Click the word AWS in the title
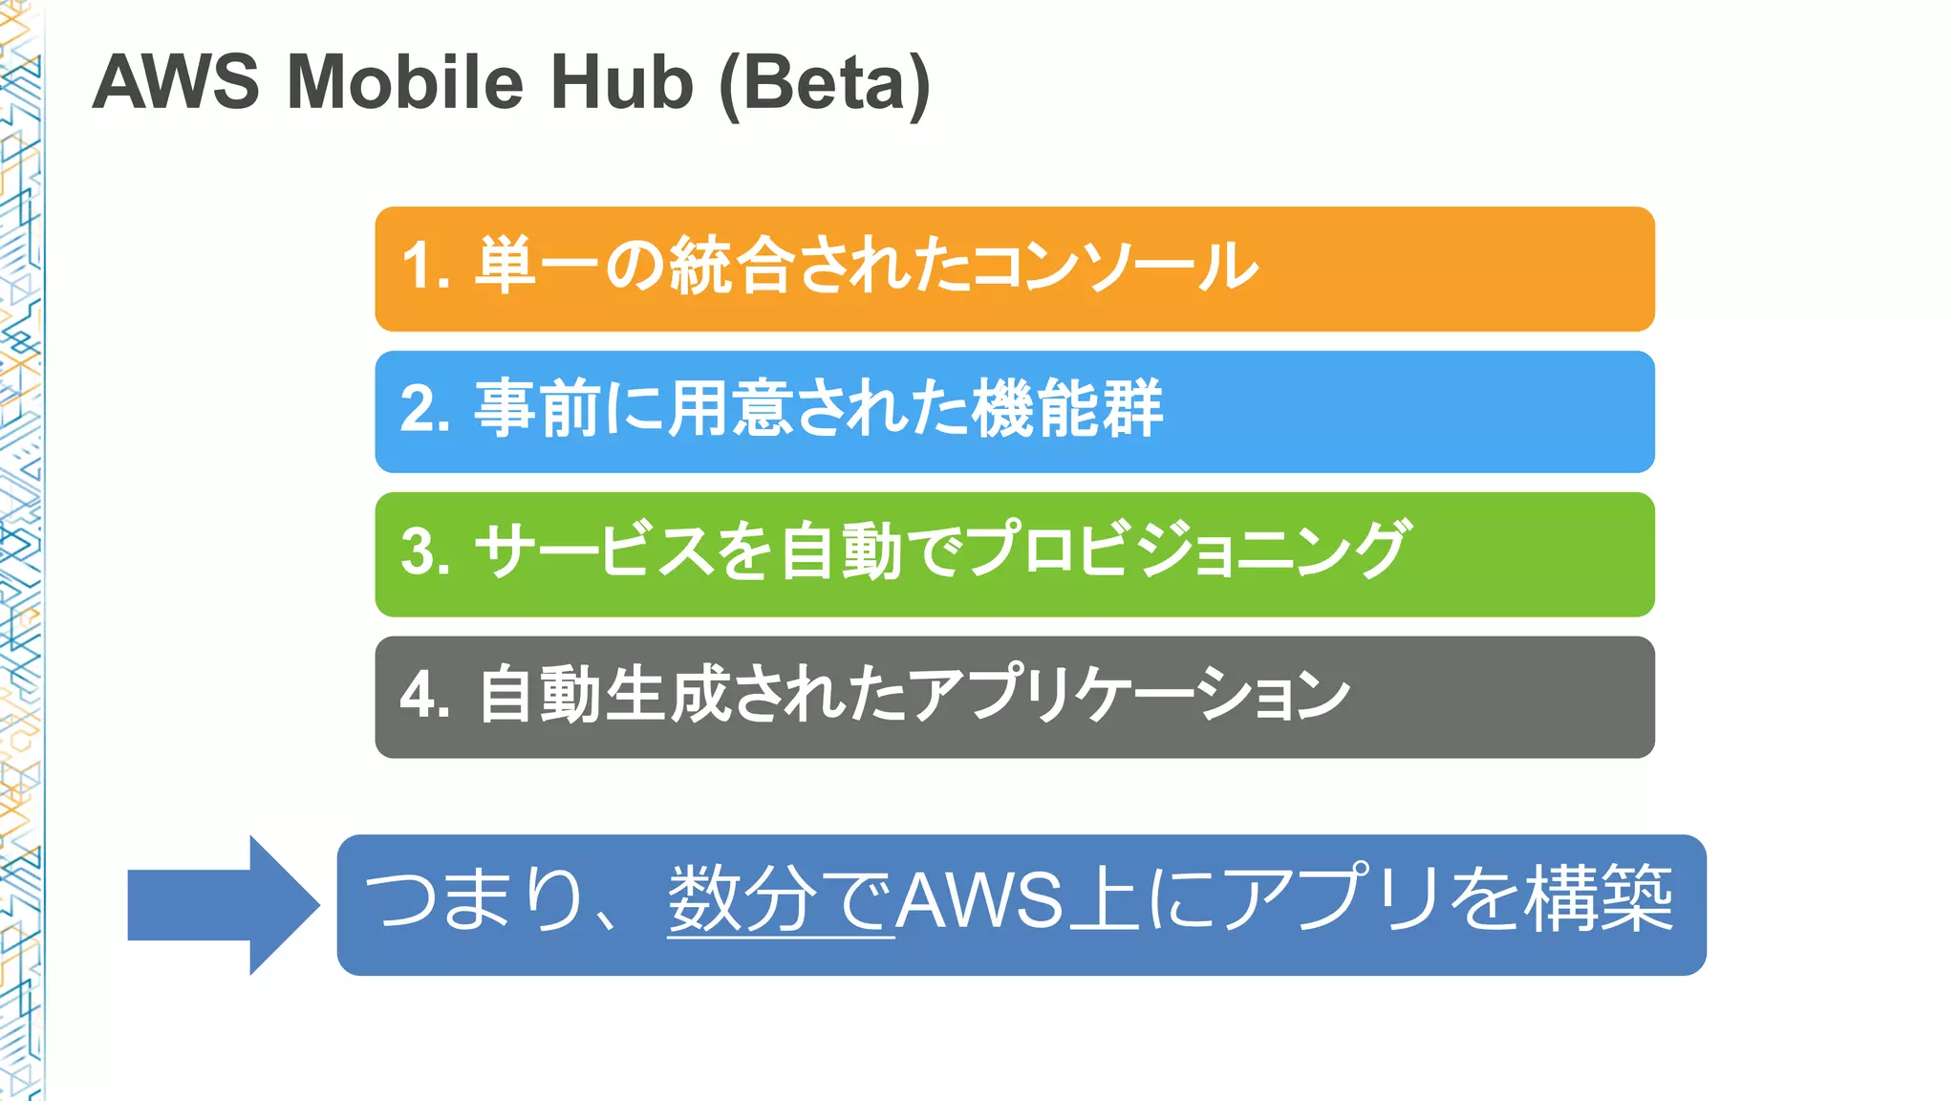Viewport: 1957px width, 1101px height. coord(176,82)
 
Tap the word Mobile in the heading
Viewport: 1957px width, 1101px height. coord(405,82)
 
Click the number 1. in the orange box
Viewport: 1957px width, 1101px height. coord(426,266)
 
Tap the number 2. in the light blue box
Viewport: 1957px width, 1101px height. coord(426,409)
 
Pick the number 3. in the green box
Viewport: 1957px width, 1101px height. coord(426,551)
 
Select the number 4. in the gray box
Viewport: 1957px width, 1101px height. coord(426,695)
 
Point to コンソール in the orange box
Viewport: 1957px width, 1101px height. coord(1113,266)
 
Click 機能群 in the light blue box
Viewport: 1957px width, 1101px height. coord(1066,409)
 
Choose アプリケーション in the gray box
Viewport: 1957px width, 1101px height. coord(1128,695)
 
